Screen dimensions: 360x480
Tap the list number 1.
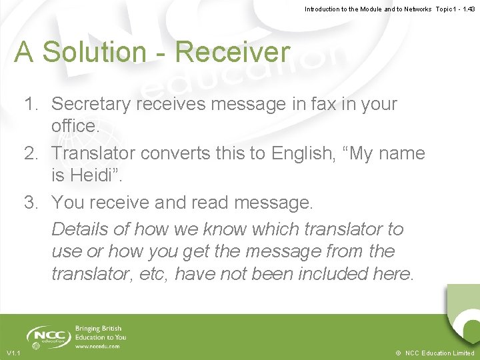31,104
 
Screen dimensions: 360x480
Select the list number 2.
31,153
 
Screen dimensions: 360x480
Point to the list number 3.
31,202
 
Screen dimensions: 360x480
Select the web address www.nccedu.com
97,347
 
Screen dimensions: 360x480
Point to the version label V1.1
13,353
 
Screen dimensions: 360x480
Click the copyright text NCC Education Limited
439,353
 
